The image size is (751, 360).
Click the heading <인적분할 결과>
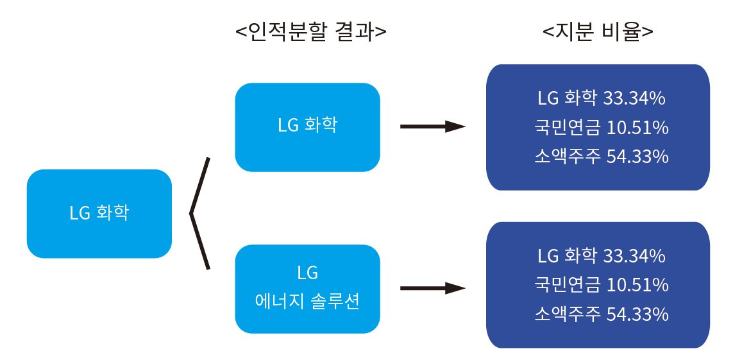pos(311,32)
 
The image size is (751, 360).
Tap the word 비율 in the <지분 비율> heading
pos(624,32)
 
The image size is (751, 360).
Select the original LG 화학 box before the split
pos(99,213)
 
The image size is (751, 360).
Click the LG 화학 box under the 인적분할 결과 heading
pos(307,127)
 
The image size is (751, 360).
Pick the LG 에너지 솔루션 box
pos(307,289)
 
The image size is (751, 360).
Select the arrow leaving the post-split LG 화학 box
pos(432,126)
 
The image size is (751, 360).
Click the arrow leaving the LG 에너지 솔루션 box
pos(432,288)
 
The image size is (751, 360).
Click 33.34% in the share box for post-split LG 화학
pos(634,99)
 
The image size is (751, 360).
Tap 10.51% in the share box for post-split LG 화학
pos(637,128)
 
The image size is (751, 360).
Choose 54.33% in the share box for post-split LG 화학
pos(637,157)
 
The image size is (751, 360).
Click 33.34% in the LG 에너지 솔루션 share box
pos(634,256)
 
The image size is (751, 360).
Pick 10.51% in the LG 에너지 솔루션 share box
pos(637,285)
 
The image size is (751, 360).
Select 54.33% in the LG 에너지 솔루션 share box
pos(637,314)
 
